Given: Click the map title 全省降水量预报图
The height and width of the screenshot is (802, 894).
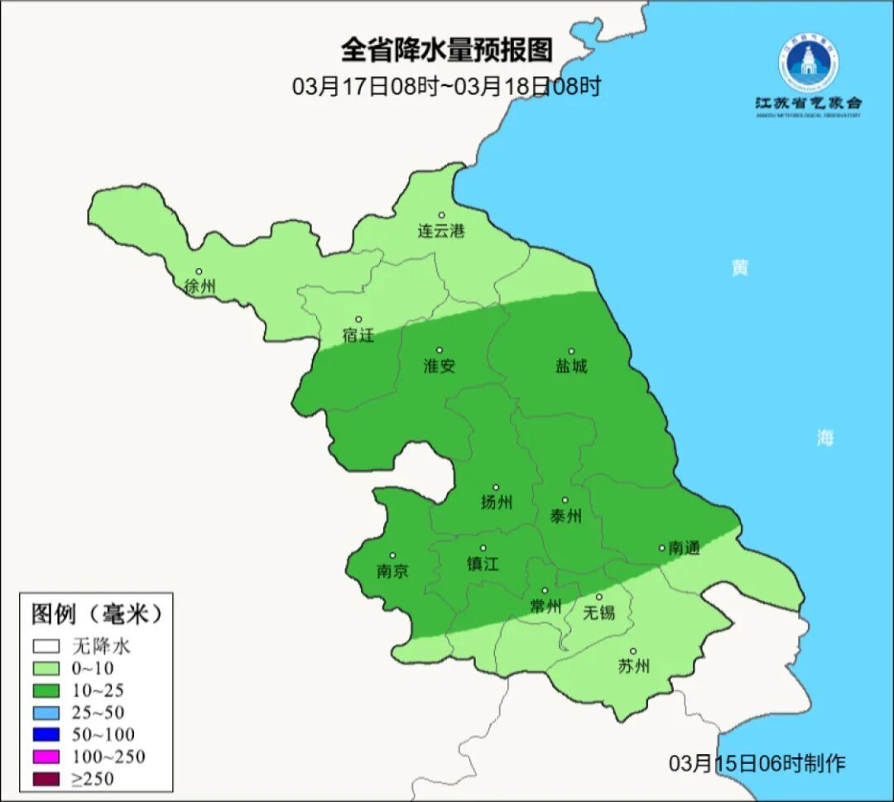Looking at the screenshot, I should click(x=446, y=50).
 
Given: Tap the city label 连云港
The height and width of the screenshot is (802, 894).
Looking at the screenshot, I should click(x=440, y=231).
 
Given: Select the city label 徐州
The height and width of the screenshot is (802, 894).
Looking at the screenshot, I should click(x=199, y=286).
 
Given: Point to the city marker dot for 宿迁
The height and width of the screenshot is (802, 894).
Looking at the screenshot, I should click(x=358, y=319).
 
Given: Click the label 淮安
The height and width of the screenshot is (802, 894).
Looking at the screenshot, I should click(x=439, y=366).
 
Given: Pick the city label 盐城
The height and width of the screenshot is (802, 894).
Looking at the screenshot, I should click(x=570, y=366).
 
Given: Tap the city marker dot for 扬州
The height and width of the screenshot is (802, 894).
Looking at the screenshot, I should click(x=496, y=487).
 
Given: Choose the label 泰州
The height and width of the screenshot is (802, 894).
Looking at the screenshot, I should click(x=565, y=516).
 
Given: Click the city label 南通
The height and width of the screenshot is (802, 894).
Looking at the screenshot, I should click(x=685, y=548).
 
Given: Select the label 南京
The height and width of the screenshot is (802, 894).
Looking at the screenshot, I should click(x=392, y=571).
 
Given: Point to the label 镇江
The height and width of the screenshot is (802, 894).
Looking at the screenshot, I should click(x=483, y=564).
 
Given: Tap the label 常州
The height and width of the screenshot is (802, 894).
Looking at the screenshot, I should click(x=546, y=607).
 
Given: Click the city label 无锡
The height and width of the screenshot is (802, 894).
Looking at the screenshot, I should click(x=598, y=612).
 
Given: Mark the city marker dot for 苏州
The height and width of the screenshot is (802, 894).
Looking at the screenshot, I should click(x=632, y=652).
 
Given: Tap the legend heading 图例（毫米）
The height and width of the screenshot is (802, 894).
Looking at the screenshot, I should click(x=96, y=614).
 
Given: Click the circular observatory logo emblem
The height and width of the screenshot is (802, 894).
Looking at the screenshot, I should click(x=807, y=63).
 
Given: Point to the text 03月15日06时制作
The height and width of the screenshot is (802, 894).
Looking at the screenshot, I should click(x=757, y=763).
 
